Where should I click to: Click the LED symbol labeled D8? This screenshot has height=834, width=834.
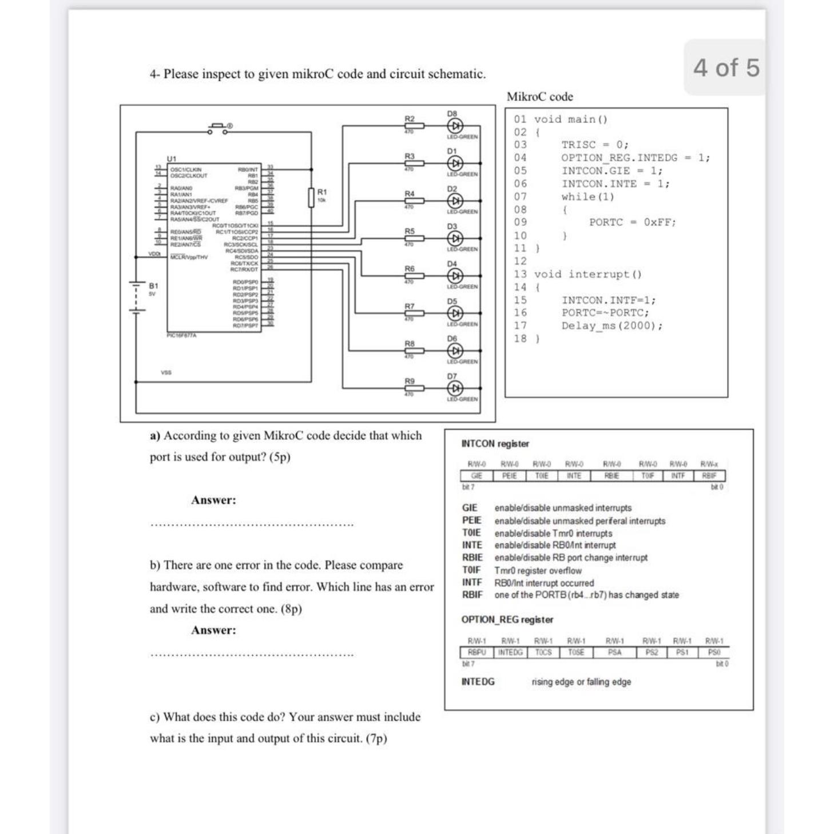[x=455, y=125]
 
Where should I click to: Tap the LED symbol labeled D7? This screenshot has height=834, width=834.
[x=455, y=388]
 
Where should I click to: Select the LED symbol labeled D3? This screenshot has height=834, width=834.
[x=455, y=238]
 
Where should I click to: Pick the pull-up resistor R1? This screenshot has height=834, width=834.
[x=311, y=197]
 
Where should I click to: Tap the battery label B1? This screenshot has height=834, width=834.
[x=153, y=285]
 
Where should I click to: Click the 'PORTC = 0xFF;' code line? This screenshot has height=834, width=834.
[x=633, y=223]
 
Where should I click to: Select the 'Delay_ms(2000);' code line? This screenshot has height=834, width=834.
[x=612, y=326]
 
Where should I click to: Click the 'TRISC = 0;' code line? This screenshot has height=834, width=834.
[x=595, y=145]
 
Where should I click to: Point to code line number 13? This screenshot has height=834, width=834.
[x=520, y=275]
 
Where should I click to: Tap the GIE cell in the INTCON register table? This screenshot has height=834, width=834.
[x=476, y=476]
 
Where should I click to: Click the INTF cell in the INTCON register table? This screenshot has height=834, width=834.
[x=678, y=476]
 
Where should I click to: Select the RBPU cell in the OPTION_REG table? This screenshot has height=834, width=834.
[x=476, y=653]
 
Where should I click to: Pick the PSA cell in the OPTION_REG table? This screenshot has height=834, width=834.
[x=615, y=653]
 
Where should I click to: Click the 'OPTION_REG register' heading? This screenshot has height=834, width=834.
[x=507, y=619]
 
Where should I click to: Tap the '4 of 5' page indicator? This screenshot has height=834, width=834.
[x=726, y=67]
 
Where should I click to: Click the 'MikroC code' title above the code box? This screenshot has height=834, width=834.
[x=540, y=97]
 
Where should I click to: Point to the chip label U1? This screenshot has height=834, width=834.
[x=172, y=158]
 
